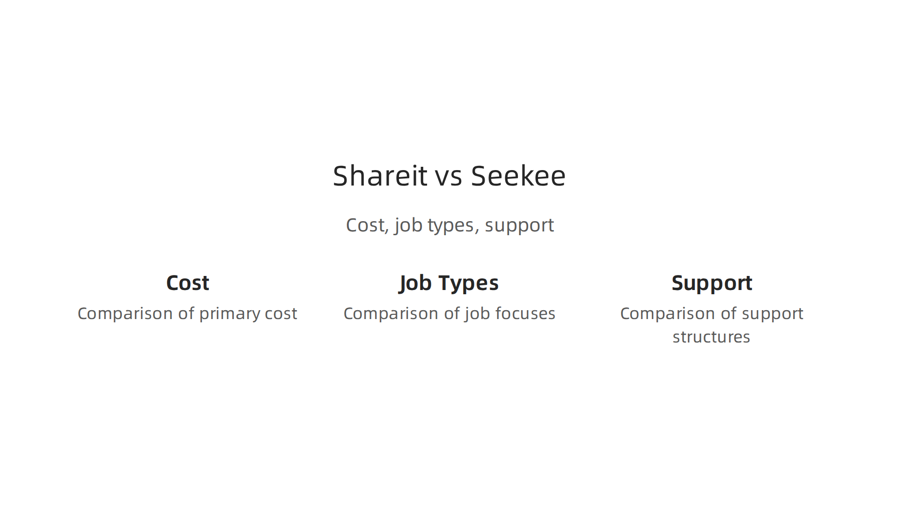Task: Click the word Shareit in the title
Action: (x=380, y=176)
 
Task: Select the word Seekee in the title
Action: (x=518, y=176)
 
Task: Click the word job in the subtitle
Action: (x=408, y=226)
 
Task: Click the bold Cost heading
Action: (x=187, y=283)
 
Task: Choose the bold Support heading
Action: (x=712, y=283)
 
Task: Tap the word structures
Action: (x=711, y=337)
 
